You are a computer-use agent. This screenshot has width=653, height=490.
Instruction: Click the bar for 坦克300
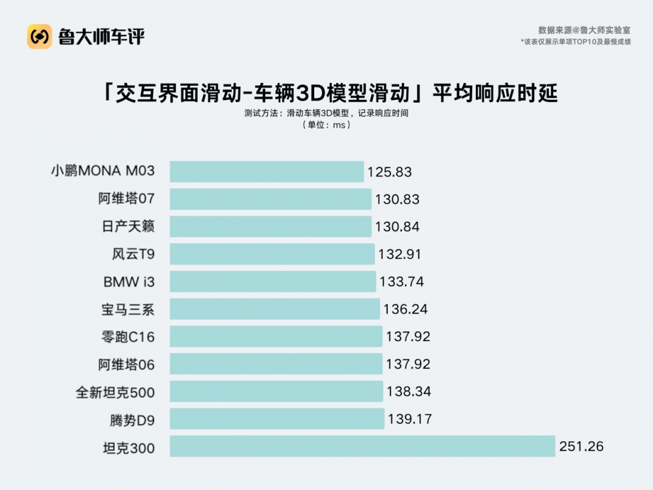pyautogui.click(x=362, y=446)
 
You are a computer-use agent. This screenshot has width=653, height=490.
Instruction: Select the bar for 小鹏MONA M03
pyautogui.click(x=266, y=172)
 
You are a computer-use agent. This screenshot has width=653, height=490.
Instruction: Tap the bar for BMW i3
pyautogui.click(x=273, y=282)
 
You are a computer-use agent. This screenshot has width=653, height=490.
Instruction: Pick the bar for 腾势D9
pyautogui.click(x=277, y=419)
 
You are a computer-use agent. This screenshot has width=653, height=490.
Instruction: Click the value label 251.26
pyautogui.click(x=581, y=447)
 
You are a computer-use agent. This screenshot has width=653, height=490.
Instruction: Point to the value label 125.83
pyautogui.click(x=390, y=172)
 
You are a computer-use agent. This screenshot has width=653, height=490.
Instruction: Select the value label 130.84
pyautogui.click(x=397, y=227)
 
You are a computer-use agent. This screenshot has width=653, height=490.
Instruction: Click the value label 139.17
pyautogui.click(x=409, y=419)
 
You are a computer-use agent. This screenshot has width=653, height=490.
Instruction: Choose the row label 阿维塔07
pyautogui.click(x=127, y=199)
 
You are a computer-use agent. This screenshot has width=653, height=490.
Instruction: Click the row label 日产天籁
pyautogui.click(x=129, y=227)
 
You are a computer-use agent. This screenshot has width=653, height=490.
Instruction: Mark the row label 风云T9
pyautogui.click(x=133, y=254)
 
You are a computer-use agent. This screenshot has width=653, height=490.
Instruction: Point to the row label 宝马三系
pyautogui.click(x=129, y=309)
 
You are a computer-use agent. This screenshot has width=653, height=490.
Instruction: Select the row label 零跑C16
pyautogui.click(x=125, y=336)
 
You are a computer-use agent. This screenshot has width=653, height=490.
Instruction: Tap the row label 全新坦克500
pyautogui.click(x=116, y=392)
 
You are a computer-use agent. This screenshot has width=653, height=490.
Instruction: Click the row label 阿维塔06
pyautogui.click(x=127, y=364)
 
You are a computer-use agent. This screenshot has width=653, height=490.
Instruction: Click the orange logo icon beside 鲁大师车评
pyautogui.click(x=39, y=36)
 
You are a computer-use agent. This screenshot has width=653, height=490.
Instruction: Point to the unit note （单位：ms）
pyautogui.click(x=326, y=125)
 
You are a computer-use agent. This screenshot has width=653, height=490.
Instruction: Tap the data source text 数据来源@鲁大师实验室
pyautogui.click(x=584, y=30)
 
